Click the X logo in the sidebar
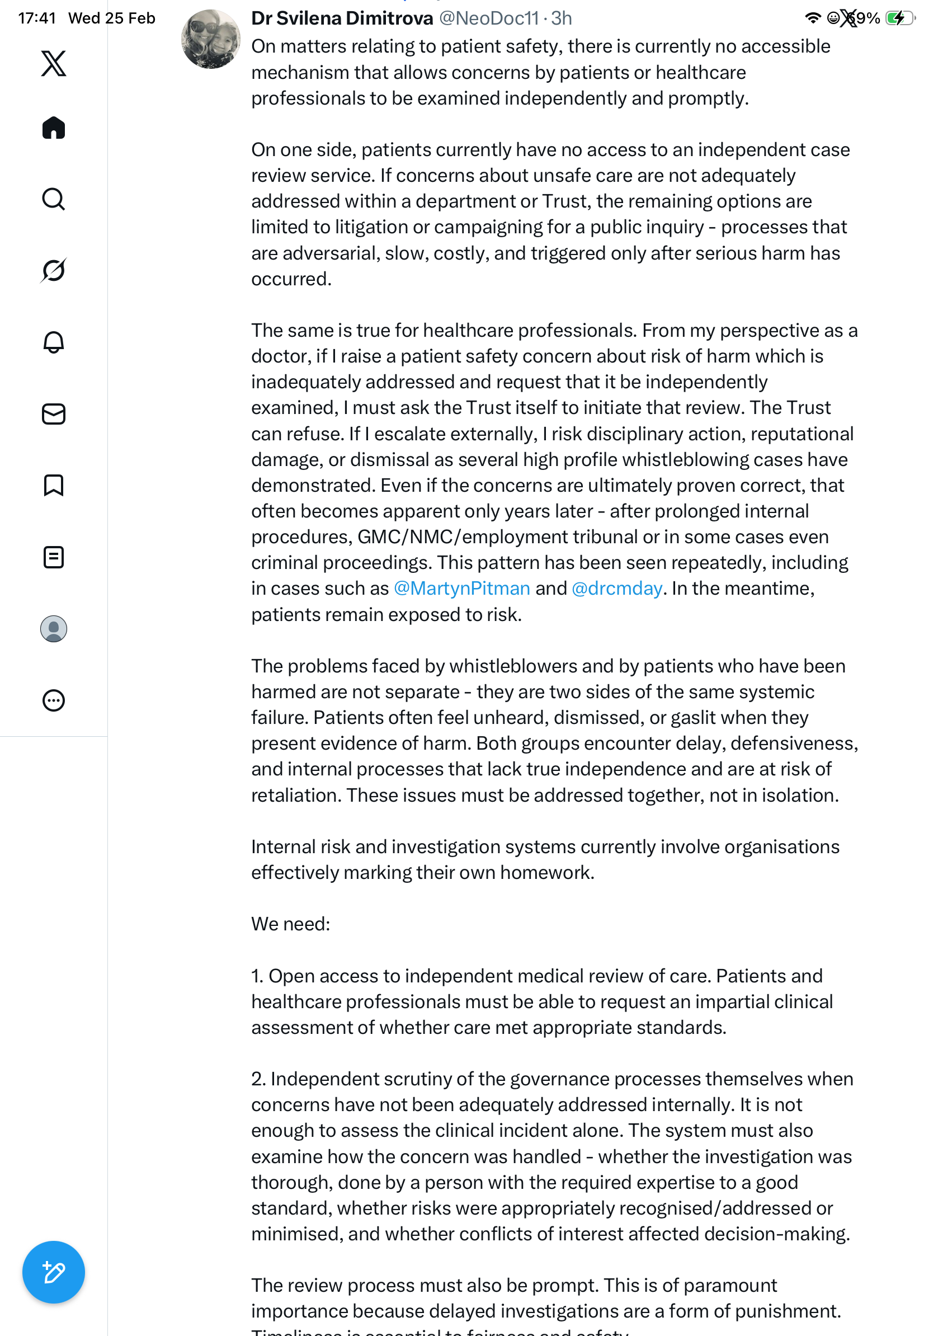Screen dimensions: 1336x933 pyautogui.click(x=54, y=63)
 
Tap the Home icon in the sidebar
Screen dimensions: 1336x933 pyautogui.click(x=54, y=128)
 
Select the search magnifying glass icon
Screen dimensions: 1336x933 pyautogui.click(x=54, y=199)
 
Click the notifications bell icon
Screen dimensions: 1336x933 pyautogui.click(x=54, y=342)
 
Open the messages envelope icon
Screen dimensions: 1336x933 pyautogui.click(x=54, y=413)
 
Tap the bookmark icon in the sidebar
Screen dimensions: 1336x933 pyautogui.click(x=54, y=484)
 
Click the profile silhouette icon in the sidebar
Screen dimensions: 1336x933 pyautogui.click(x=54, y=628)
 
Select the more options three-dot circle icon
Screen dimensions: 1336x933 pyautogui.click(x=54, y=700)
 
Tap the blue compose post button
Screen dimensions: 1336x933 pyautogui.click(x=54, y=1272)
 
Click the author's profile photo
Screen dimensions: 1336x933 pyautogui.click(x=210, y=39)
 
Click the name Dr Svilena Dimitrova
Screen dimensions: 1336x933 pyautogui.click(x=342, y=18)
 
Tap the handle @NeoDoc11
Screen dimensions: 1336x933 pyautogui.click(x=489, y=18)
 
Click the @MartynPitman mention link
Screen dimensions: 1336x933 pyautogui.click(x=462, y=589)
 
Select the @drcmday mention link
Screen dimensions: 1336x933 pyautogui.click(x=616, y=589)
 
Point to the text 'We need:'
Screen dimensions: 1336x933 pyautogui.click(x=290, y=924)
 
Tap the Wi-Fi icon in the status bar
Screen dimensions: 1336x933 pyautogui.click(x=813, y=18)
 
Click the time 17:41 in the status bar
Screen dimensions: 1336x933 pyautogui.click(x=37, y=18)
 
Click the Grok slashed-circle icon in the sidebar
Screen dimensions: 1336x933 pyautogui.click(x=54, y=270)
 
